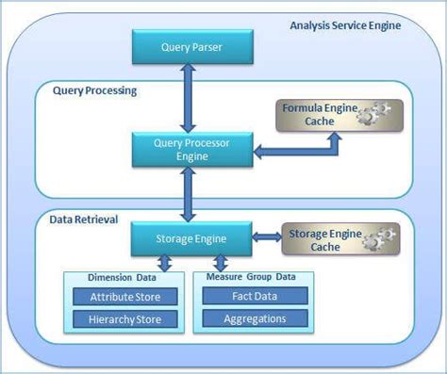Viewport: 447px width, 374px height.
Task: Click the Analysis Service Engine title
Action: click(x=344, y=24)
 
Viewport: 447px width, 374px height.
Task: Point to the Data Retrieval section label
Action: click(x=83, y=220)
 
